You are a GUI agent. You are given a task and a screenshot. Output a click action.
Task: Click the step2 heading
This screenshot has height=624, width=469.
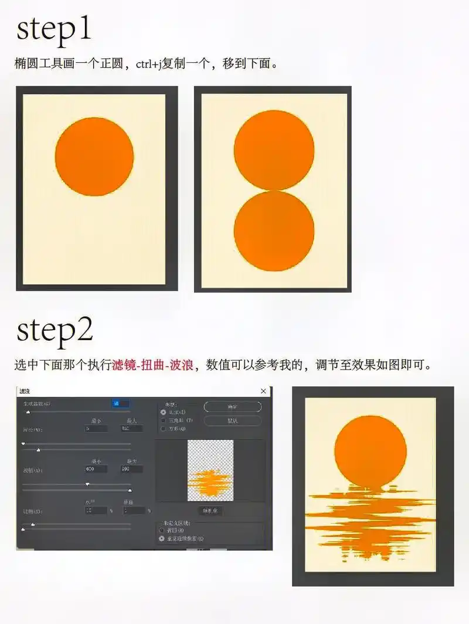coord(55,331)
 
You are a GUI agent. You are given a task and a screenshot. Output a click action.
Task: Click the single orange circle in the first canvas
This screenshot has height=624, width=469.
coord(94,157)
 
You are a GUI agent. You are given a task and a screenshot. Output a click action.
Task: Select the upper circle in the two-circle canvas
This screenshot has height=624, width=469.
coord(274,150)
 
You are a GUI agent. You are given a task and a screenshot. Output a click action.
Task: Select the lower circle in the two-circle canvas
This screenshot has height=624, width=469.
coord(274,231)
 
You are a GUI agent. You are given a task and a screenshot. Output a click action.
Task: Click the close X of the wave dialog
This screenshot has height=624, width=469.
coord(263,391)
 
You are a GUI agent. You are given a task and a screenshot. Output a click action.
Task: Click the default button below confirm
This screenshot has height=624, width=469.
coord(232,420)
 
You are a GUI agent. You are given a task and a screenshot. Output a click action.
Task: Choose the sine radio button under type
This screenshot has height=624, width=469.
coord(163,412)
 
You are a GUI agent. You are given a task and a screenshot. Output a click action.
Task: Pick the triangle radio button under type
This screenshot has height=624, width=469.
coord(163,420)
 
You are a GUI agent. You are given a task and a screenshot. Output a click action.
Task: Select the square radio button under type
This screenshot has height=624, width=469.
coord(163,429)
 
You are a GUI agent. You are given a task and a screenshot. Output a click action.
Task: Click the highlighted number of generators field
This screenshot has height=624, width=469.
coord(120,403)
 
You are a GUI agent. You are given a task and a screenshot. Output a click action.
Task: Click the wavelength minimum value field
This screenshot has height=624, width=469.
coord(96,429)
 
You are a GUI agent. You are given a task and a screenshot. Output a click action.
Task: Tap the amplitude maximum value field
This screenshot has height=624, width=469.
coord(131,469)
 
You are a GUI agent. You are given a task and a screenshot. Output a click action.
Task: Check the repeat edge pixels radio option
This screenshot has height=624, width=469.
coord(162,538)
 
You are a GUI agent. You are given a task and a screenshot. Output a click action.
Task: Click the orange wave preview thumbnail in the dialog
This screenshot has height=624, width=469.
coord(210,470)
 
